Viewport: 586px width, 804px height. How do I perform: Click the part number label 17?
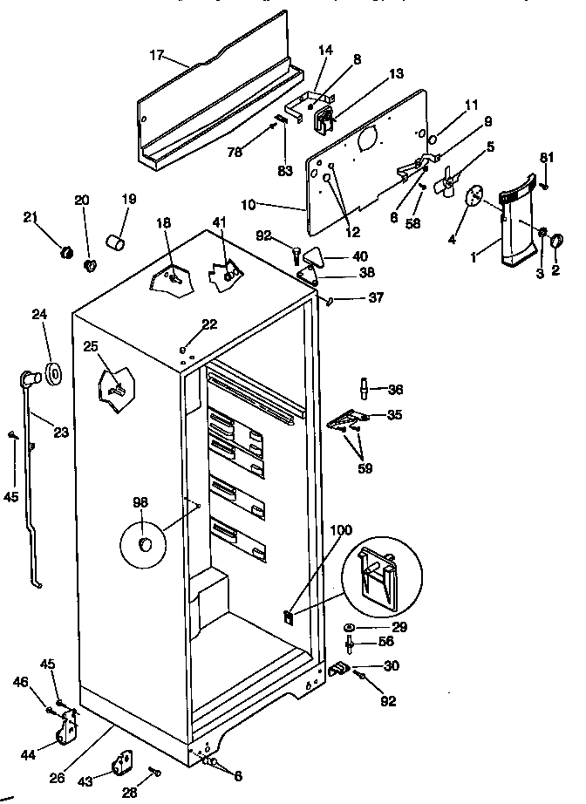(x=157, y=54)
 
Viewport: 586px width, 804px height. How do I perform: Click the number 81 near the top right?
(x=547, y=158)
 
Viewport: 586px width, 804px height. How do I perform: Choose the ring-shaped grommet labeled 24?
(x=54, y=373)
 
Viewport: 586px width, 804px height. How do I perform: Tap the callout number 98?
(x=140, y=503)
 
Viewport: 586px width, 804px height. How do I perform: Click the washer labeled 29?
(x=349, y=628)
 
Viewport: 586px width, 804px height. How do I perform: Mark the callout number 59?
(x=365, y=468)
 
